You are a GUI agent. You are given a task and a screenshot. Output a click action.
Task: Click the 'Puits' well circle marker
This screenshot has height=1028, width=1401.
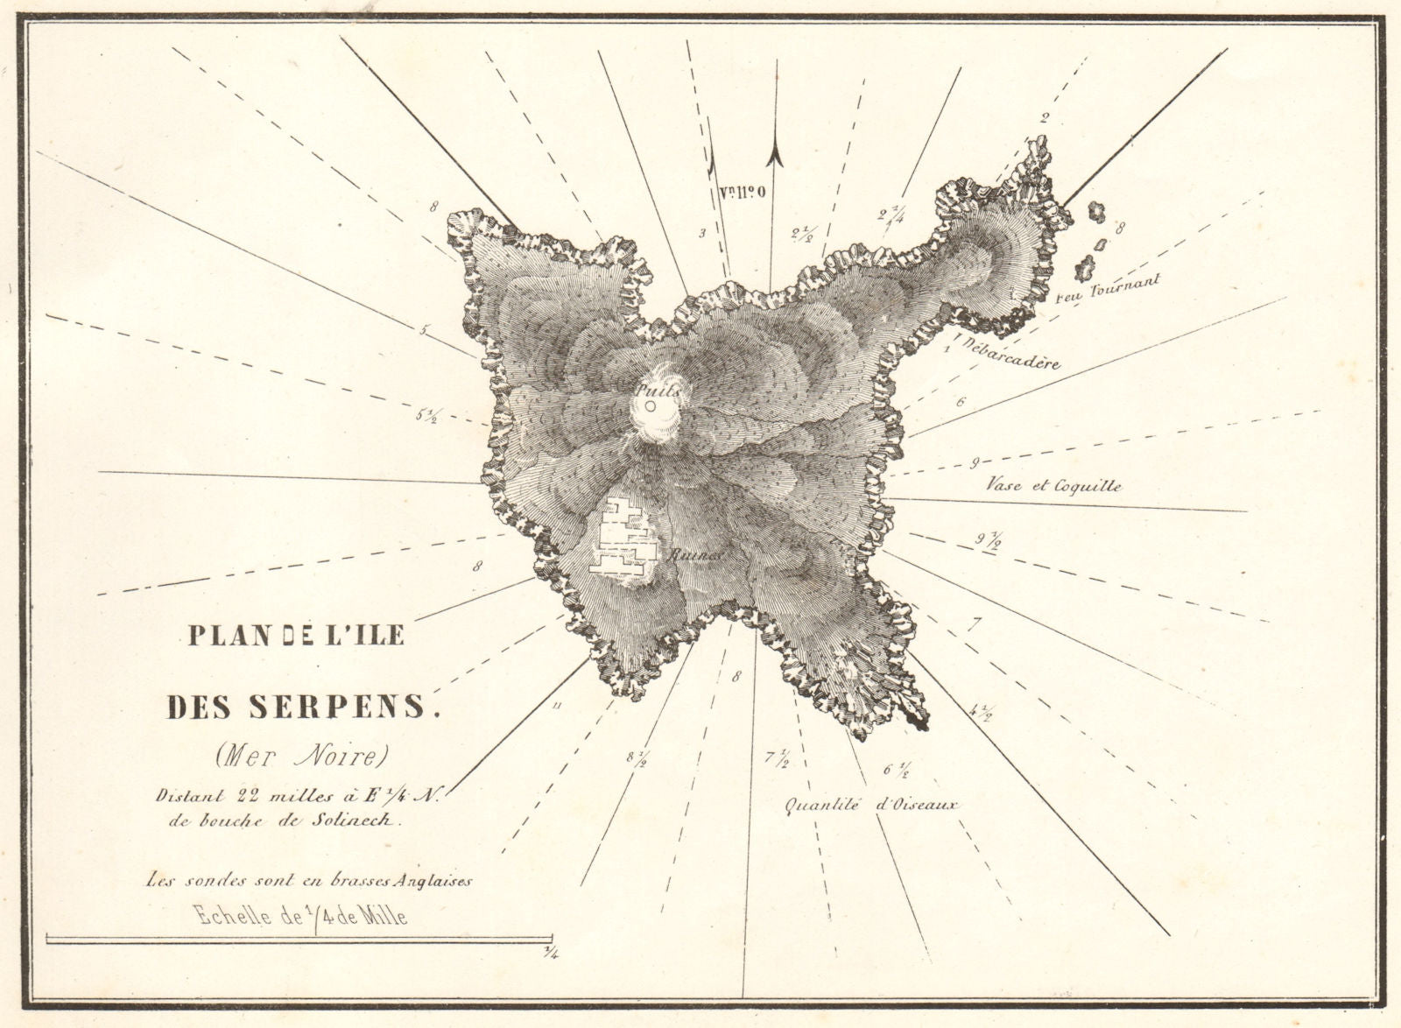click(x=651, y=406)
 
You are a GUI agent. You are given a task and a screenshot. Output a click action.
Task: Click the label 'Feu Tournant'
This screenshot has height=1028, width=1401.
click(x=1109, y=288)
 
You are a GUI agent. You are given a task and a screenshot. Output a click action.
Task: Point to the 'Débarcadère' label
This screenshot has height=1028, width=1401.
click(x=1010, y=355)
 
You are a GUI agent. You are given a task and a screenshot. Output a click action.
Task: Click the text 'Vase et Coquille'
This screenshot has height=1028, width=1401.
click(x=1053, y=485)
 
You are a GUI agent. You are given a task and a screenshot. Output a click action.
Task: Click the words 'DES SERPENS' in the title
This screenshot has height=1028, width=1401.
click(x=300, y=707)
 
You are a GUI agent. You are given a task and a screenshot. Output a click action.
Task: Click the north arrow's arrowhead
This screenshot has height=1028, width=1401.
click(x=774, y=155)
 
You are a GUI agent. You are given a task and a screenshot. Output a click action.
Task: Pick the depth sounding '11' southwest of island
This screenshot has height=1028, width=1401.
click(x=555, y=706)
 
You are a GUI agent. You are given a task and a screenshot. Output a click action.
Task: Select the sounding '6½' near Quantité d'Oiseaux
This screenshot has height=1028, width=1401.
click(x=897, y=771)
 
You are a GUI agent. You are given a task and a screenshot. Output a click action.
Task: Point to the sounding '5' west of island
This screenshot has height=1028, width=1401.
click(x=424, y=331)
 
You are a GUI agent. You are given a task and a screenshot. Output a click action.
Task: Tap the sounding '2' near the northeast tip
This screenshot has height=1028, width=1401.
click(x=1044, y=118)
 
